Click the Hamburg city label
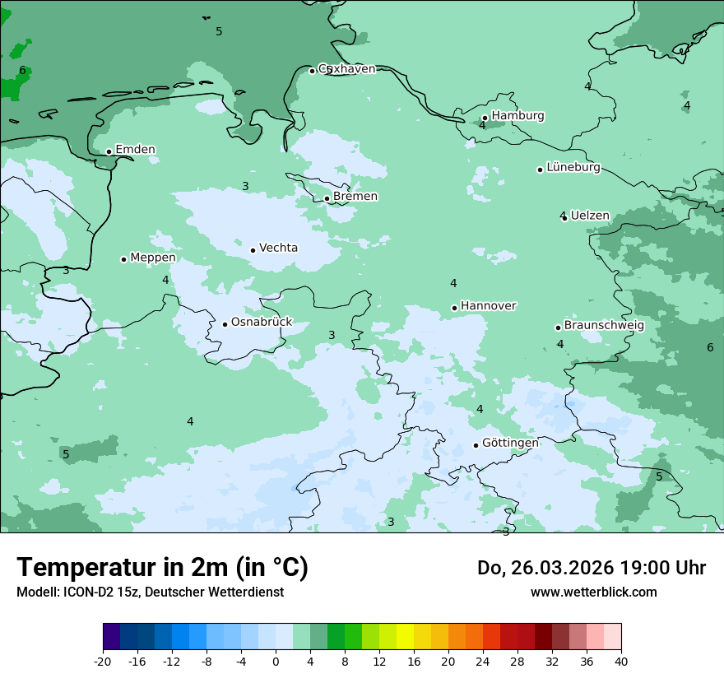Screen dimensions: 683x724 pos(517,116)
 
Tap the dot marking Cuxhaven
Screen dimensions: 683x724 pos(312,71)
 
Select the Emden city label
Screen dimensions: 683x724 pos(135,150)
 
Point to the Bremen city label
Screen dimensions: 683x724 pos(355,197)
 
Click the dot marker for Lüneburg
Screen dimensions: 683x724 pos(540,170)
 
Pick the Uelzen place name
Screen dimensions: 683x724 pos(590,216)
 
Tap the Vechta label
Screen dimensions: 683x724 pos(278,249)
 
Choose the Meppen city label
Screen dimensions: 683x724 pos(153,258)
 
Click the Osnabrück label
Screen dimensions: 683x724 pos(262,323)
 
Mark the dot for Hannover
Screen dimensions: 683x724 pos(454,308)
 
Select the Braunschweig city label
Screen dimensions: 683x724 pos(604,326)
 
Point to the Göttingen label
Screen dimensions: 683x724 pos(510,444)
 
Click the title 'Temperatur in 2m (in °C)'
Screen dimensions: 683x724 pos(162,567)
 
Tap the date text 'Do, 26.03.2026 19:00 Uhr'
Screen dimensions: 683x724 pos(592,568)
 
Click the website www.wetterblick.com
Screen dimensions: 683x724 pos(593,592)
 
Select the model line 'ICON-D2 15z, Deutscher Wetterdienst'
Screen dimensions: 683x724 pos(150,592)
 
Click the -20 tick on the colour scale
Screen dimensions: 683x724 pos(103,662)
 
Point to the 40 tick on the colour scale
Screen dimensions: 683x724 pos(620,662)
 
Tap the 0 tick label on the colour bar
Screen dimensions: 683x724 pos(276,662)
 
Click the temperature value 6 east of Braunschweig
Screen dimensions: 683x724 pos(710,347)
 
